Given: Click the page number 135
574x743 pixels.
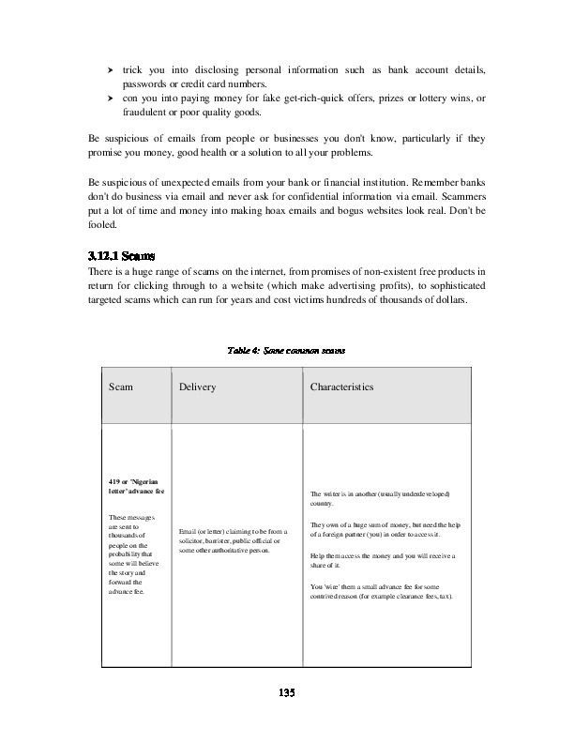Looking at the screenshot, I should point(287,692).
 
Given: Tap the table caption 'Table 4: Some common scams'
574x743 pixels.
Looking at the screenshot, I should point(287,350).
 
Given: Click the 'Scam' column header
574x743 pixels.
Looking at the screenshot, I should point(121,387).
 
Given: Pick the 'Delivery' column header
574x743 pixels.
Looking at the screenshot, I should point(198,387).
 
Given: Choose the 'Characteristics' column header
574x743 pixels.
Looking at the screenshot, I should point(342,387).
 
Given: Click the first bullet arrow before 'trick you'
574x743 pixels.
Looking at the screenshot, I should point(111,70).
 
